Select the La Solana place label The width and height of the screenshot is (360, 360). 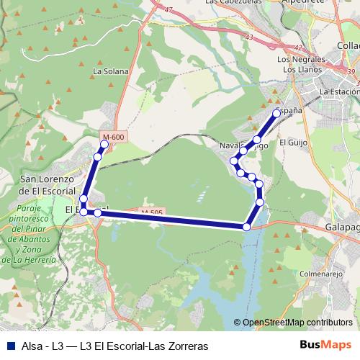point(110,72)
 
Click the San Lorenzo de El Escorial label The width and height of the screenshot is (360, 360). point(48,184)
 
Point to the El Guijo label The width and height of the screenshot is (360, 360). point(293,142)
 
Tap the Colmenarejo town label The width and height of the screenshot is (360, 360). point(319,273)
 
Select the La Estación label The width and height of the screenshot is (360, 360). point(339,92)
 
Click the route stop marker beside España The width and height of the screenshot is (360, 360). point(276,113)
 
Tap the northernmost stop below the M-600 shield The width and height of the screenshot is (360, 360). point(104,144)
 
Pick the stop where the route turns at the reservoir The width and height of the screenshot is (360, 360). point(247,227)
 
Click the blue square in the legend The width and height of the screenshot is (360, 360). point(9,346)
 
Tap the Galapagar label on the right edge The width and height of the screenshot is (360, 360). point(342,227)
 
